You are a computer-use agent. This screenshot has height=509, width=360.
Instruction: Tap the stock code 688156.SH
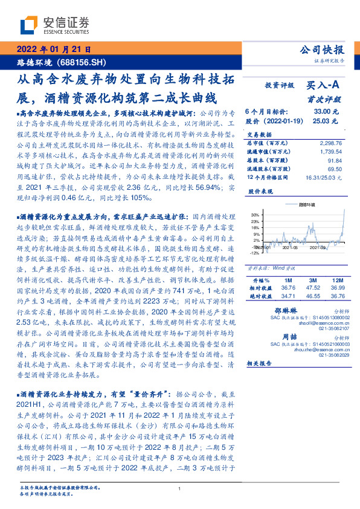pyautogui.click(x=83, y=62)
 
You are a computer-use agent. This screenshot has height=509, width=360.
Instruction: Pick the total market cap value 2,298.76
pyautogui.click(x=330, y=143)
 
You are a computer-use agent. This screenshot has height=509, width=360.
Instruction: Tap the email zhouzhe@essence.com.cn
pyautogui.click(x=313, y=349)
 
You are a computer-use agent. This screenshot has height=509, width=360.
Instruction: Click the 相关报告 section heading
pyautogui.click(x=260, y=363)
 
